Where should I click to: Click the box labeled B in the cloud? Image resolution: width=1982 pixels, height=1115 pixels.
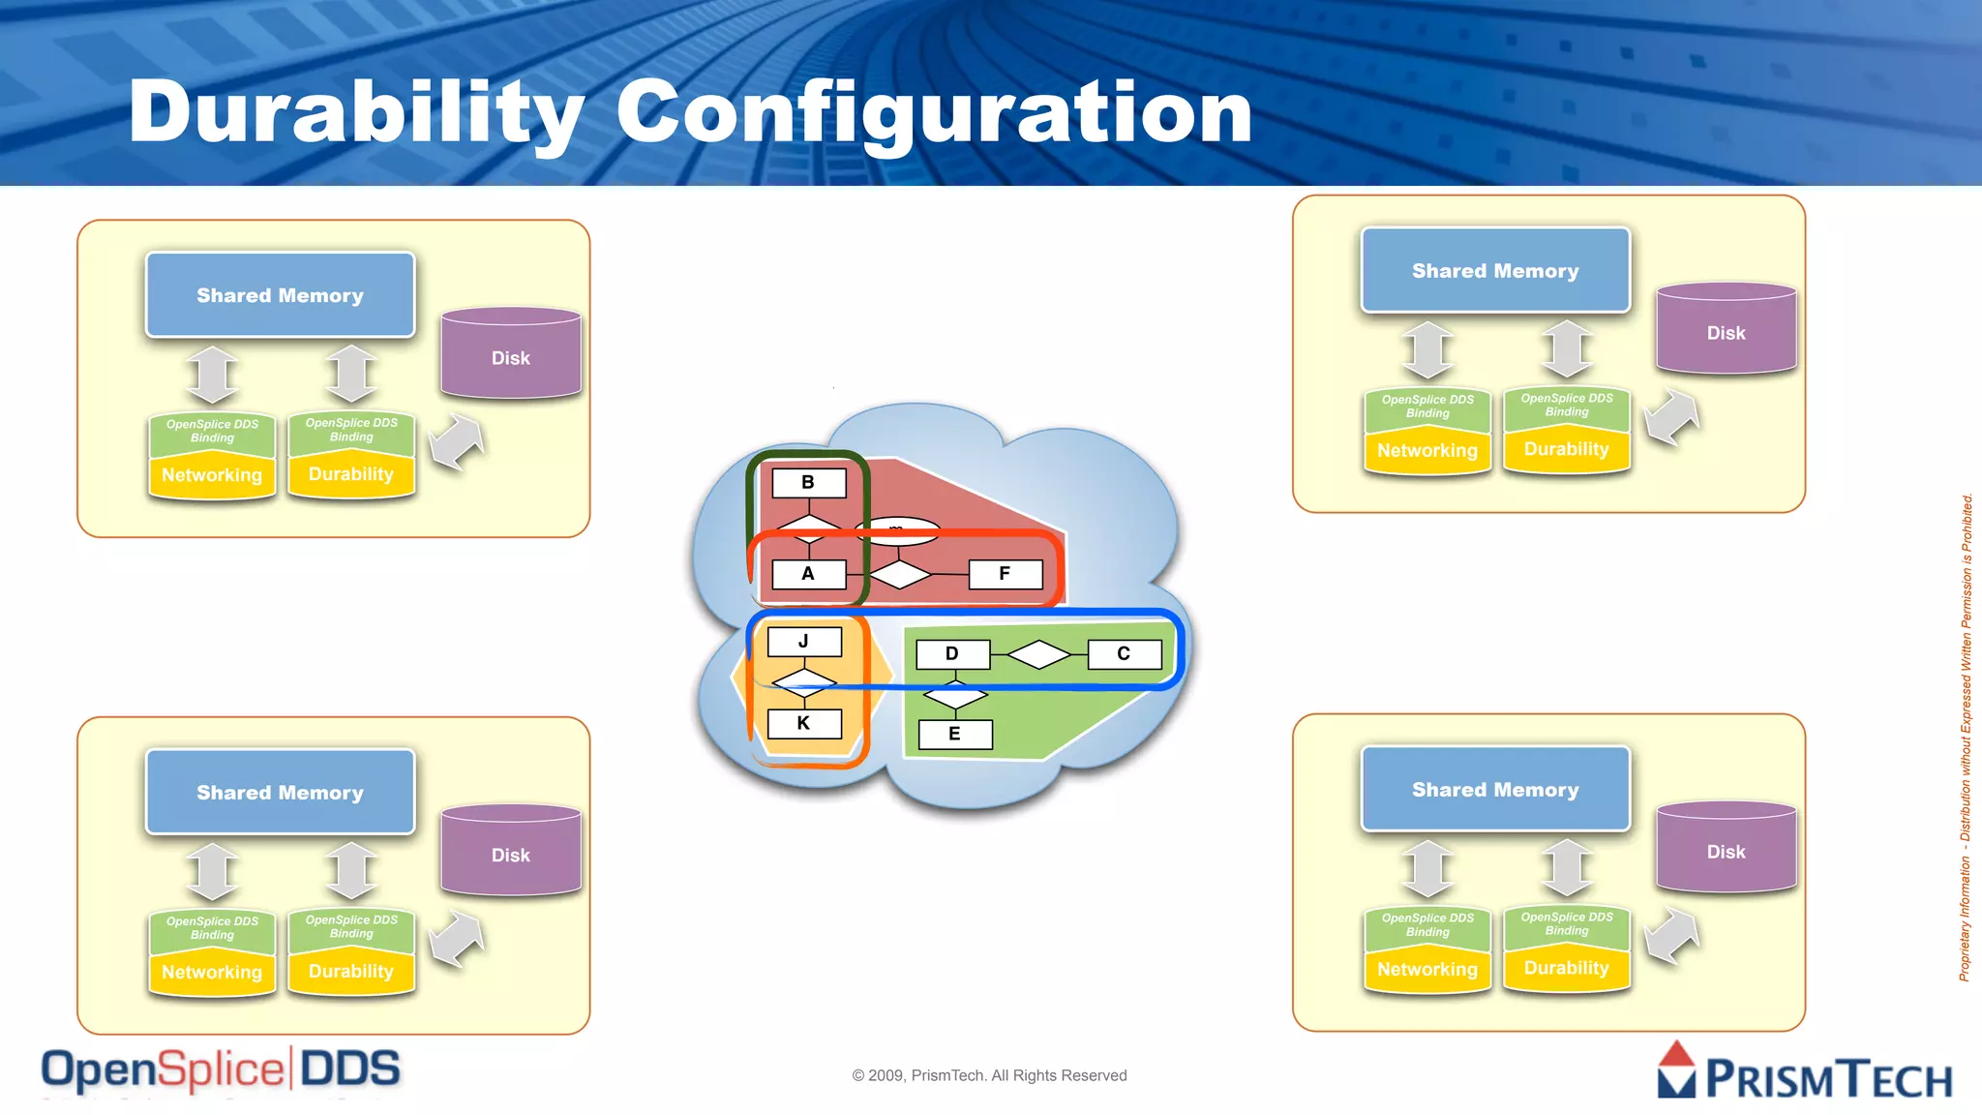[809, 482]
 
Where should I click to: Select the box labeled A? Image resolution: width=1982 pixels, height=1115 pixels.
[809, 574]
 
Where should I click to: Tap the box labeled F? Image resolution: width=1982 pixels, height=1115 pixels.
[1006, 574]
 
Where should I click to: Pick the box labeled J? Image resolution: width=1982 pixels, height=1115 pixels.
[804, 642]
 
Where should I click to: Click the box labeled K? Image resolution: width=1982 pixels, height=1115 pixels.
[804, 723]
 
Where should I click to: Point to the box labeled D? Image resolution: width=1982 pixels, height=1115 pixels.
[952, 654]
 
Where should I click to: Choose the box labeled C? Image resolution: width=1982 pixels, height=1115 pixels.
[1125, 654]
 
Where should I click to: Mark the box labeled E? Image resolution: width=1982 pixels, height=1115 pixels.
[955, 734]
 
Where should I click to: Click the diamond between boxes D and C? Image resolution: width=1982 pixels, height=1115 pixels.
[1038, 655]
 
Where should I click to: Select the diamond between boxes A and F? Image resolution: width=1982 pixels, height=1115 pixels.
[900, 575]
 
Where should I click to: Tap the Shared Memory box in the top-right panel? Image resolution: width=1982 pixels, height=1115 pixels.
[1495, 271]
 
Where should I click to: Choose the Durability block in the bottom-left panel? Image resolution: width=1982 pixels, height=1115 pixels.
[351, 971]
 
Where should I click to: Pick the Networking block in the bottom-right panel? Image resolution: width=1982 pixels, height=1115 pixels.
[1427, 969]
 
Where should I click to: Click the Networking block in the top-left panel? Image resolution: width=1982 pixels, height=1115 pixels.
[212, 475]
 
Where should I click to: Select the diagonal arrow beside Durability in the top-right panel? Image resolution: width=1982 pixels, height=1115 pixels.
[1672, 417]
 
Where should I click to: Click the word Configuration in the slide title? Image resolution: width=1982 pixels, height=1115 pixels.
[934, 113]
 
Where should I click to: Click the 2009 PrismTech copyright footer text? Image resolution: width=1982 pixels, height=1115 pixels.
[989, 1075]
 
